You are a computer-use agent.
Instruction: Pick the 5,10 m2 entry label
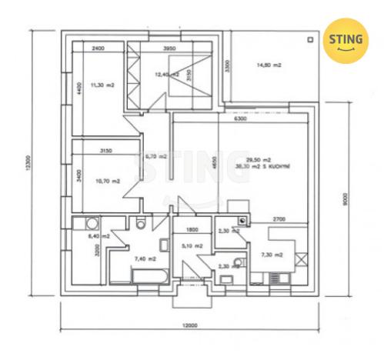point(192,246)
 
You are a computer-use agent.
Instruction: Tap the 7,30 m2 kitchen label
point(272,255)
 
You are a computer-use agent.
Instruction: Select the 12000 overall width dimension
point(190,325)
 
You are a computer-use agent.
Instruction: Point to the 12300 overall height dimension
point(29,164)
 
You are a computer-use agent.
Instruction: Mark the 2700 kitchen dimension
point(279,219)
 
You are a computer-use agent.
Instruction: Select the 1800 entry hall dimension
point(192,229)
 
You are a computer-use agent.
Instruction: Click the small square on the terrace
point(309,38)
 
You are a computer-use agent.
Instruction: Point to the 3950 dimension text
point(171,49)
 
